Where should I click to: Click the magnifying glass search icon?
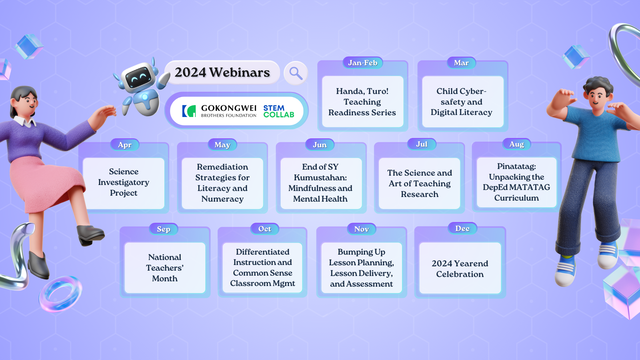coord(296,73)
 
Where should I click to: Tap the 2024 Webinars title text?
coord(222,72)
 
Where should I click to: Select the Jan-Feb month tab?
coord(363,63)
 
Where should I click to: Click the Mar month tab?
coord(461,63)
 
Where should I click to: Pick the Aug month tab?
coord(516,144)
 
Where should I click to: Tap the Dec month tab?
coord(462,228)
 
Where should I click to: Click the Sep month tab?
coord(163,229)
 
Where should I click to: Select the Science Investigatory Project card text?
coord(124,182)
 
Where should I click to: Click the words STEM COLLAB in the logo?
coord(278,111)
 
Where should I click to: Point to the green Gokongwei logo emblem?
coord(189,111)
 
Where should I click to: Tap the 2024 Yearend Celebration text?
coord(460,269)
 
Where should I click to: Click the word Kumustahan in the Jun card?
coord(320,177)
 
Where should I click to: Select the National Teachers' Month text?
coord(165,268)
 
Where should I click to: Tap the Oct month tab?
coord(265,229)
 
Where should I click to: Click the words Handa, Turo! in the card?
coord(362,91)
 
